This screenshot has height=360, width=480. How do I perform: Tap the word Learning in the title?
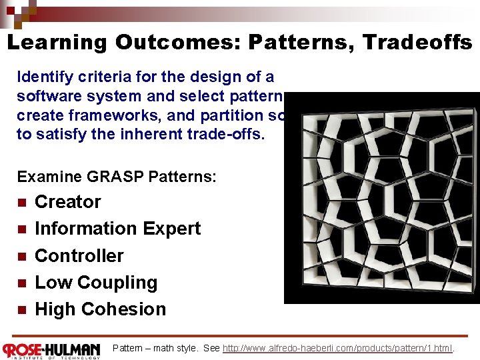[57, 43]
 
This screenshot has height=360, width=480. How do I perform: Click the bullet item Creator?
[67, 201]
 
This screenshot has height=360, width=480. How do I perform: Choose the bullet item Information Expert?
[117, 229]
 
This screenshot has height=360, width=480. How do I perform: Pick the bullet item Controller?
[79, 255]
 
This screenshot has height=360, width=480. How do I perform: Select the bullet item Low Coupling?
[96, 283]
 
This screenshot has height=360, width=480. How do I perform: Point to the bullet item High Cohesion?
[100, 309]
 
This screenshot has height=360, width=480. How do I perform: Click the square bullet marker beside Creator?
[21, 202]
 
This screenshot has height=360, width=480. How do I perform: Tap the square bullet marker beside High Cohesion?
[21, 310]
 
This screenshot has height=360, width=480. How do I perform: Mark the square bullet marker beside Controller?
[21, 256]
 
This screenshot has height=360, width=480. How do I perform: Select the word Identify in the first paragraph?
[43, 77]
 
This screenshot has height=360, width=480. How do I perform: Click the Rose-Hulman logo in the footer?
[51, 350]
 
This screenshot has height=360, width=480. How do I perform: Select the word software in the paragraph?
[46, 96]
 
